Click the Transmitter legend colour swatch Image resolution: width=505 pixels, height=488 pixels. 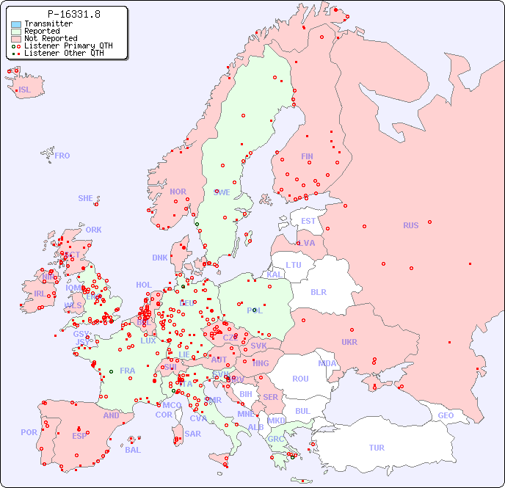point(16,24)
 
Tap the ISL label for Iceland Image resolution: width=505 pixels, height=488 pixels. point(25,90)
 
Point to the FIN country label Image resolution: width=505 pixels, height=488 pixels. point(307,156)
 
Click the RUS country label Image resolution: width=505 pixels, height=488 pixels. point(410,225)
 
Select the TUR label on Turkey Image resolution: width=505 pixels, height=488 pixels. point(377,448)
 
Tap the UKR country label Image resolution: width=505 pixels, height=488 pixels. point(349,342)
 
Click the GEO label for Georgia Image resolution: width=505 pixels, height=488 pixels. point(446,415)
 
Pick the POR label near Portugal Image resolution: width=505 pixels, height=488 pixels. point(29,432)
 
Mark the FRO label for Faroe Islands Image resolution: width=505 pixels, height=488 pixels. point(62,156)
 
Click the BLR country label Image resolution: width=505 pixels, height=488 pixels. point(318,291)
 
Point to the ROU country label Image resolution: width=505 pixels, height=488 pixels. point(300,379)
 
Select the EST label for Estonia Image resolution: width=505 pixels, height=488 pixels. point(308,221)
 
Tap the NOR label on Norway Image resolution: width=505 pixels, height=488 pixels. point(178,192)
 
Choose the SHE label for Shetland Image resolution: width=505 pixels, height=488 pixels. point(86,198)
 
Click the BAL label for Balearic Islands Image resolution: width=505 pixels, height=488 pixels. point(133,450)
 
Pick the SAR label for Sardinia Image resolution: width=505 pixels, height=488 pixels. point(192,433)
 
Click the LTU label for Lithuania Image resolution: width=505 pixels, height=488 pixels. point(294,265)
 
